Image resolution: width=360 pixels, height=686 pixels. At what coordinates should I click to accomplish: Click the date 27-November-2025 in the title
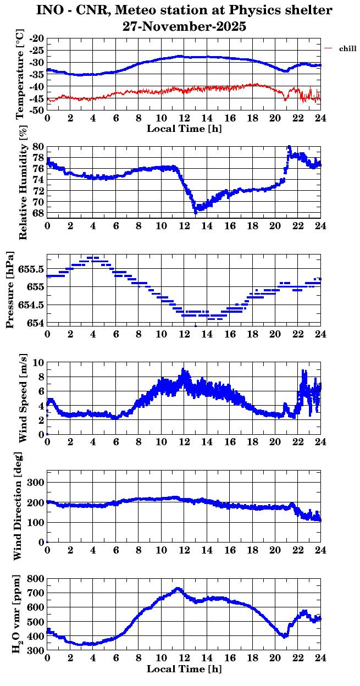pos(184,26)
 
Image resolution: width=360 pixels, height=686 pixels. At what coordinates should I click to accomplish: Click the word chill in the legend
pos(347,49)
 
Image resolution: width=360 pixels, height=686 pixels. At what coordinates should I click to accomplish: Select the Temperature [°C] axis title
pos(20,74)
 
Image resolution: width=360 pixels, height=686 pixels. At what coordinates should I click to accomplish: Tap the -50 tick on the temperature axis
pos(37,110)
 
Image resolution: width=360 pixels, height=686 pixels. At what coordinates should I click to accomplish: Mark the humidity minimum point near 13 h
pos(195,212)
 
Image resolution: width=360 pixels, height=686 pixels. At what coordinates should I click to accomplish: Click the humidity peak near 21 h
pos(289,147)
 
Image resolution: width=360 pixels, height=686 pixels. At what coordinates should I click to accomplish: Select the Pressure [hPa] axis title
pos(10,289)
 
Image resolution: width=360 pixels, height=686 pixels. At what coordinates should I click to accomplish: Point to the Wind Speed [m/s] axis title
pos(23,399)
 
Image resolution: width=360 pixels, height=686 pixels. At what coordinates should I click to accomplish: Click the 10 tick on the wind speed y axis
pos(38,362)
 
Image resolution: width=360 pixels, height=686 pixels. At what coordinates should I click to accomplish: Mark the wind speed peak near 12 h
pos(184,370)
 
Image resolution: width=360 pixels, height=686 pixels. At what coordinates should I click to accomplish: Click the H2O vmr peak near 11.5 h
pos(178,588)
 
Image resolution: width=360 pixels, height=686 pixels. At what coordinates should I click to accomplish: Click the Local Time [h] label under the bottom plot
pos(184,669)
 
